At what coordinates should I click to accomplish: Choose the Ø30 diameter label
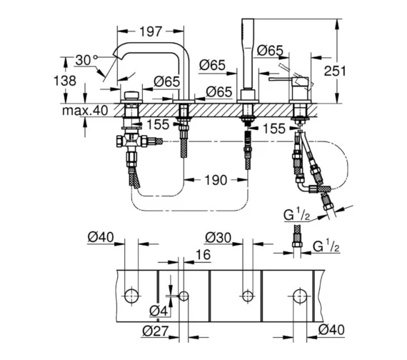[218, 236]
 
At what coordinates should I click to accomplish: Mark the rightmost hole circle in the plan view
[298, 294]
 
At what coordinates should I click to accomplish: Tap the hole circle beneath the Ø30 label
[248, 294]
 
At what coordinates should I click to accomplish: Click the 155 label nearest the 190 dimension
[160, 124]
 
